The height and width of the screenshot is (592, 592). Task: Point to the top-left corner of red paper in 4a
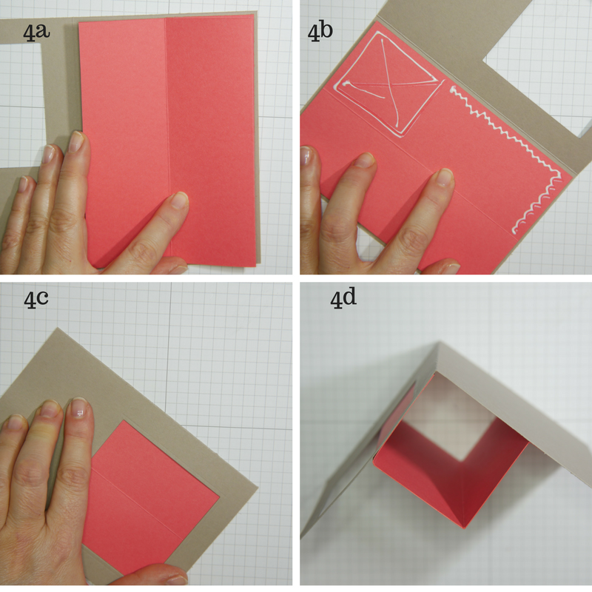(x=79, y=23)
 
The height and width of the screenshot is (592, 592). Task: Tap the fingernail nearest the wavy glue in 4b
(x=443, y=177)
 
